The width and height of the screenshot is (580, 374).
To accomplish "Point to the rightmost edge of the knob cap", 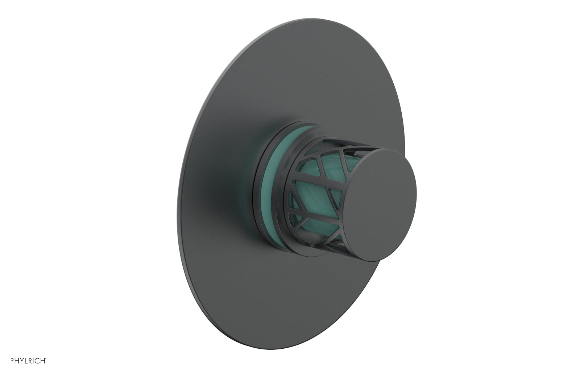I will [x=416, y=190].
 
